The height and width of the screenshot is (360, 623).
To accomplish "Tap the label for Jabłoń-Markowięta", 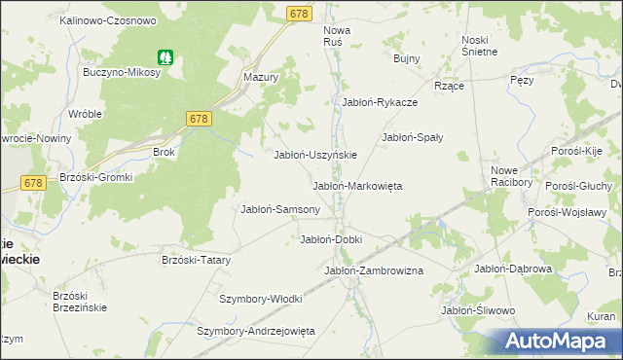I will (x=356, y=186).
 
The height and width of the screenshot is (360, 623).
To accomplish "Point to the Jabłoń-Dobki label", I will (x=331, y=239).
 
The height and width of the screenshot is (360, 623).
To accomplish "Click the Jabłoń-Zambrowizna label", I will (x=373, y=270).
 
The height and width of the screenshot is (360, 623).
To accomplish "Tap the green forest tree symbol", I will (x=165, y=57).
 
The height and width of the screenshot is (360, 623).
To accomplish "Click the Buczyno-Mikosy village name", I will (x=123, y=73).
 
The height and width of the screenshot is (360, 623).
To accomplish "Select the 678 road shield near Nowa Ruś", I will (x=299, y=12).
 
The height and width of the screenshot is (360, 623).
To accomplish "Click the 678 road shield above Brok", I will (x=199, y=118).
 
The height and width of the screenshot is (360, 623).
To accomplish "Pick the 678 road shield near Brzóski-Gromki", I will (x=32, y=183).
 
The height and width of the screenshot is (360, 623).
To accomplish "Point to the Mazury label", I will (x=262, y=76).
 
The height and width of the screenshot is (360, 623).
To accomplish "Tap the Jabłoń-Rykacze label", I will (x=380, y=102).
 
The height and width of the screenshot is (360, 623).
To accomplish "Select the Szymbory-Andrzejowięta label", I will (x=256, y=331).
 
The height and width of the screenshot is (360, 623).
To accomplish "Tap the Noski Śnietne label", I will (x=479, y=45).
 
